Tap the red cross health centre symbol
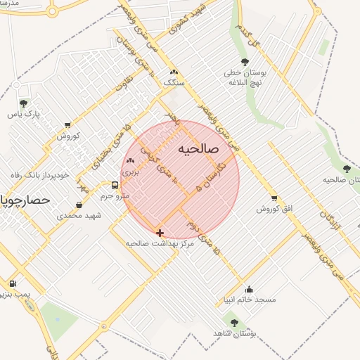160,233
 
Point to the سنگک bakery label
173,82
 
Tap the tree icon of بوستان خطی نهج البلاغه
245,63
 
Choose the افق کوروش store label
274,209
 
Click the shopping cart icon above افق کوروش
274,198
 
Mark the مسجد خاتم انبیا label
248,300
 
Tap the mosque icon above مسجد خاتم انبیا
248,289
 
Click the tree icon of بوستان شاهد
234,323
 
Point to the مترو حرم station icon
115,186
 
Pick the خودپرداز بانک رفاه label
39,175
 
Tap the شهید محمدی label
79,215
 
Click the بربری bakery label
130,171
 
